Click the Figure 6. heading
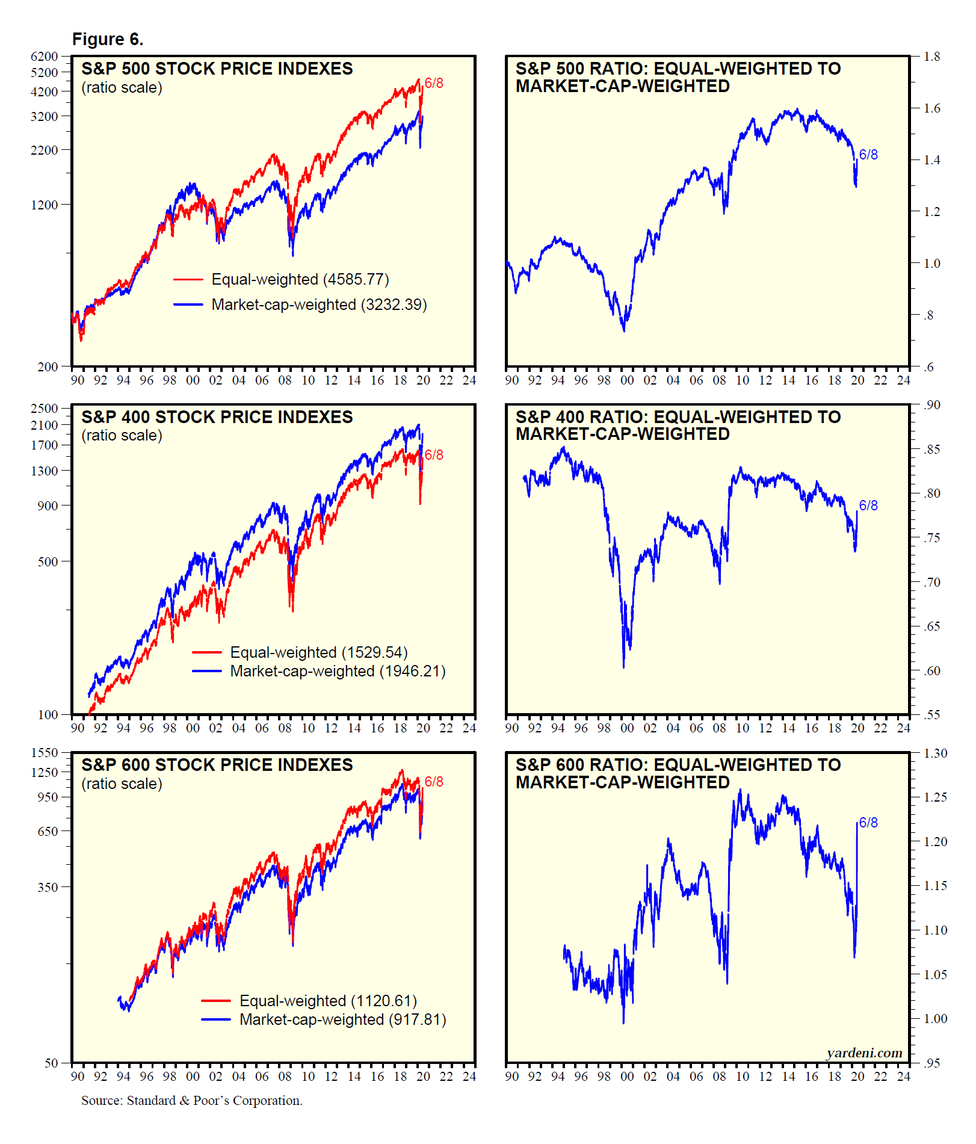(x=108, y=40)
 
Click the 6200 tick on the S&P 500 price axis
(x=45, y=57)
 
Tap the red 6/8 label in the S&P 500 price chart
(x=434, y=83)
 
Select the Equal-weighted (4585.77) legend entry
(x=300, y=279)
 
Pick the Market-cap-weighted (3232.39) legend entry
(x=319, y=305)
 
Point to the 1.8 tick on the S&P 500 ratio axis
(x=932, y=57)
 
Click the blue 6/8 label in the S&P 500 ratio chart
(x=868, y=155)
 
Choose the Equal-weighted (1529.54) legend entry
(x=318, y=652)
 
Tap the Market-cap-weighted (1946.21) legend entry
(x=338, y=671)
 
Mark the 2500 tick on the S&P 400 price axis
(x=45, y=409)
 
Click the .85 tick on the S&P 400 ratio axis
(x=932, y=450)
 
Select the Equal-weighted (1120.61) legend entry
(x=328, y=1001)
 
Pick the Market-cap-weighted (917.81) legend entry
(x=342, y=1019)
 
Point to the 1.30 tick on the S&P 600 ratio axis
(x=935, y=753)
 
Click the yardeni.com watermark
(x=864, y=1053)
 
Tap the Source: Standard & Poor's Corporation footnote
(x=192, y=1101)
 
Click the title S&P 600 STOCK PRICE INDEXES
(x=217, y=765)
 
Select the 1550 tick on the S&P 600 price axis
(x=45, y=753)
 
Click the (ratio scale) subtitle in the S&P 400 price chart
(x=122, y=436)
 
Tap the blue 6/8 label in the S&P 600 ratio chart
(x=868, y=823)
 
